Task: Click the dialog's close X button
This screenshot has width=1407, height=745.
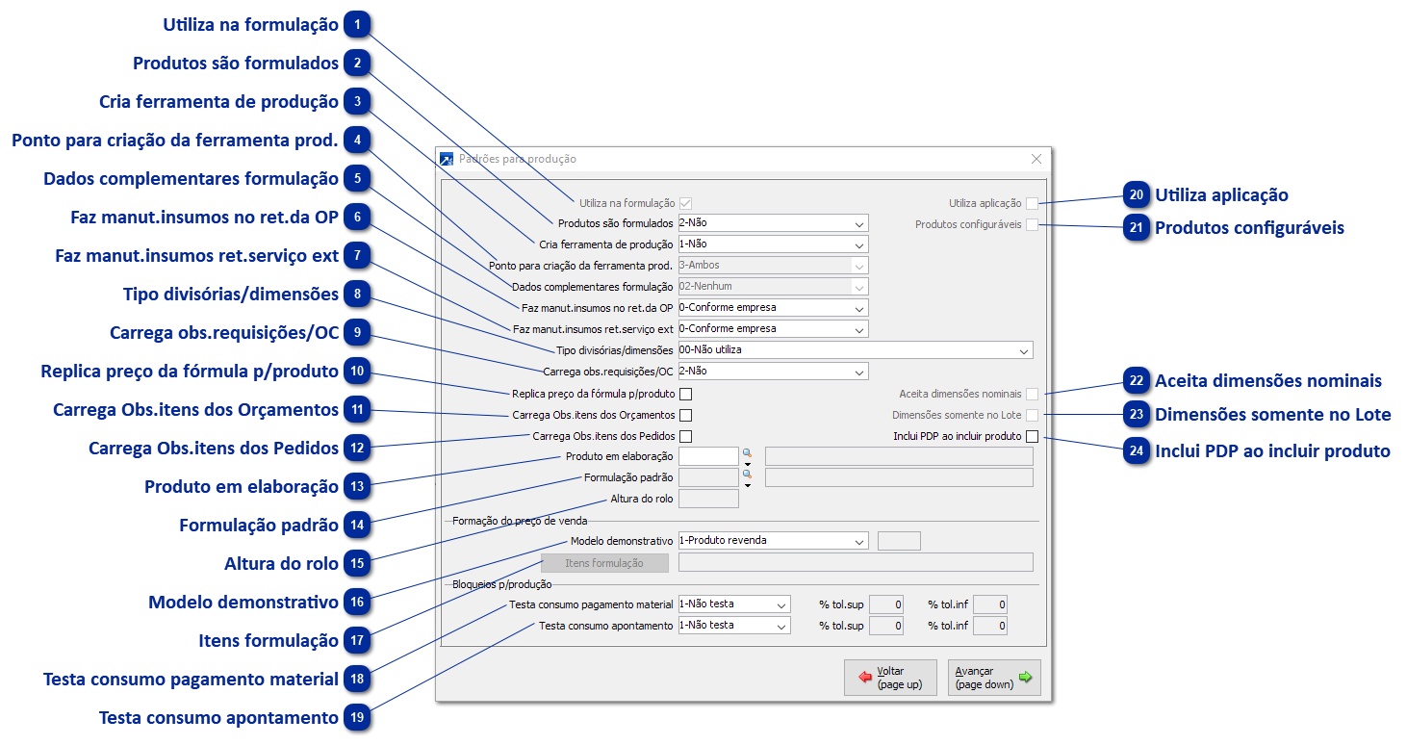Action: tap(1036, 159)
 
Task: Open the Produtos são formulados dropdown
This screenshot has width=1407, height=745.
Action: tap(773, 223)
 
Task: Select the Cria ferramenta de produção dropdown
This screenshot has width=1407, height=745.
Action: tap(773, 244)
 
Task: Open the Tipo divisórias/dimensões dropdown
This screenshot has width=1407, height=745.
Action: tap(855, 350)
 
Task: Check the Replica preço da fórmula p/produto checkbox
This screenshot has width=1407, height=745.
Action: tap(686, 394)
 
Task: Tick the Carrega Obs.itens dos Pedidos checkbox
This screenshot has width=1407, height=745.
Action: tap(686, 437)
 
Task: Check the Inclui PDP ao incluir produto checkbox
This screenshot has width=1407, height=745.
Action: tap(1032, 437)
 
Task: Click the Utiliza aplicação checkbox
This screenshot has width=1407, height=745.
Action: tap(1032, 203)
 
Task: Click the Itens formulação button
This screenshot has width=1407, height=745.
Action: tap(604, 563)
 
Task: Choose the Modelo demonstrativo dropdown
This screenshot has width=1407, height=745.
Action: tap(773, 541)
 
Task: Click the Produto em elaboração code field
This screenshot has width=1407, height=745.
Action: tap(707, 456)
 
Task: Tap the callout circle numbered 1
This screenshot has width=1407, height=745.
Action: tap(357, 25)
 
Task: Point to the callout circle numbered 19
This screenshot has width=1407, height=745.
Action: tap(357, 718)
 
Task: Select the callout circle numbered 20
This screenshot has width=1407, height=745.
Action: tap(1137, 195)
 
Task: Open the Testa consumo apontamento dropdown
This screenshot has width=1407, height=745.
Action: tap(734, 626)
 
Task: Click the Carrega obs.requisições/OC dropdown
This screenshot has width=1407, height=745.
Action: tap(773, 372)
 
